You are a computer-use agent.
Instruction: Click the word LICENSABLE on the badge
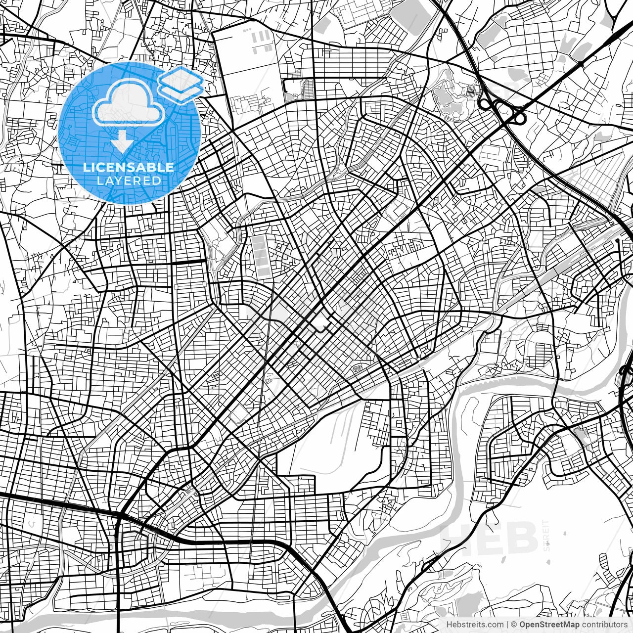pos(128,167)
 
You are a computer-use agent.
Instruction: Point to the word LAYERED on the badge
pos(129,181)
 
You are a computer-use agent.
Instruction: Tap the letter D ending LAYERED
pos(157,181)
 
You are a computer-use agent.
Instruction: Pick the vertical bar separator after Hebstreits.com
pos(507,625)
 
